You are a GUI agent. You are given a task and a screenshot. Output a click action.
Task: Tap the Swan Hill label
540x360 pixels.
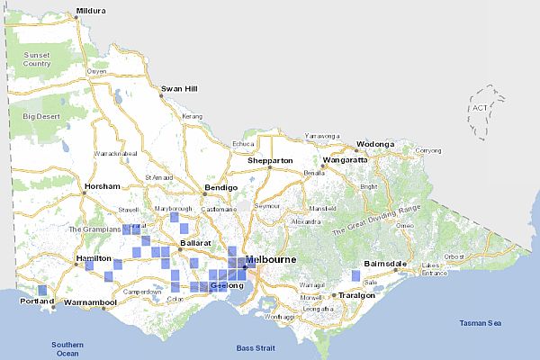tap(178, 88)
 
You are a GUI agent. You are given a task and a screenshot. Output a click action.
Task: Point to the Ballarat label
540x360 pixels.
tap(195, 243)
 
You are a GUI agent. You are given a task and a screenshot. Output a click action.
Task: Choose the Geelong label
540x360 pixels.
tap(225, 285)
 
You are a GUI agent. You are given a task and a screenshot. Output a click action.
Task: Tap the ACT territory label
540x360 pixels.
tap(480, 108)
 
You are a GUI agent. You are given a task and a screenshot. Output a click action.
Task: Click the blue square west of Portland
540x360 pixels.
tap(42, 290)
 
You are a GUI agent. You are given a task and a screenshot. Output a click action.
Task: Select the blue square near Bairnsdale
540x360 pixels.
tap(368, 274)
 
